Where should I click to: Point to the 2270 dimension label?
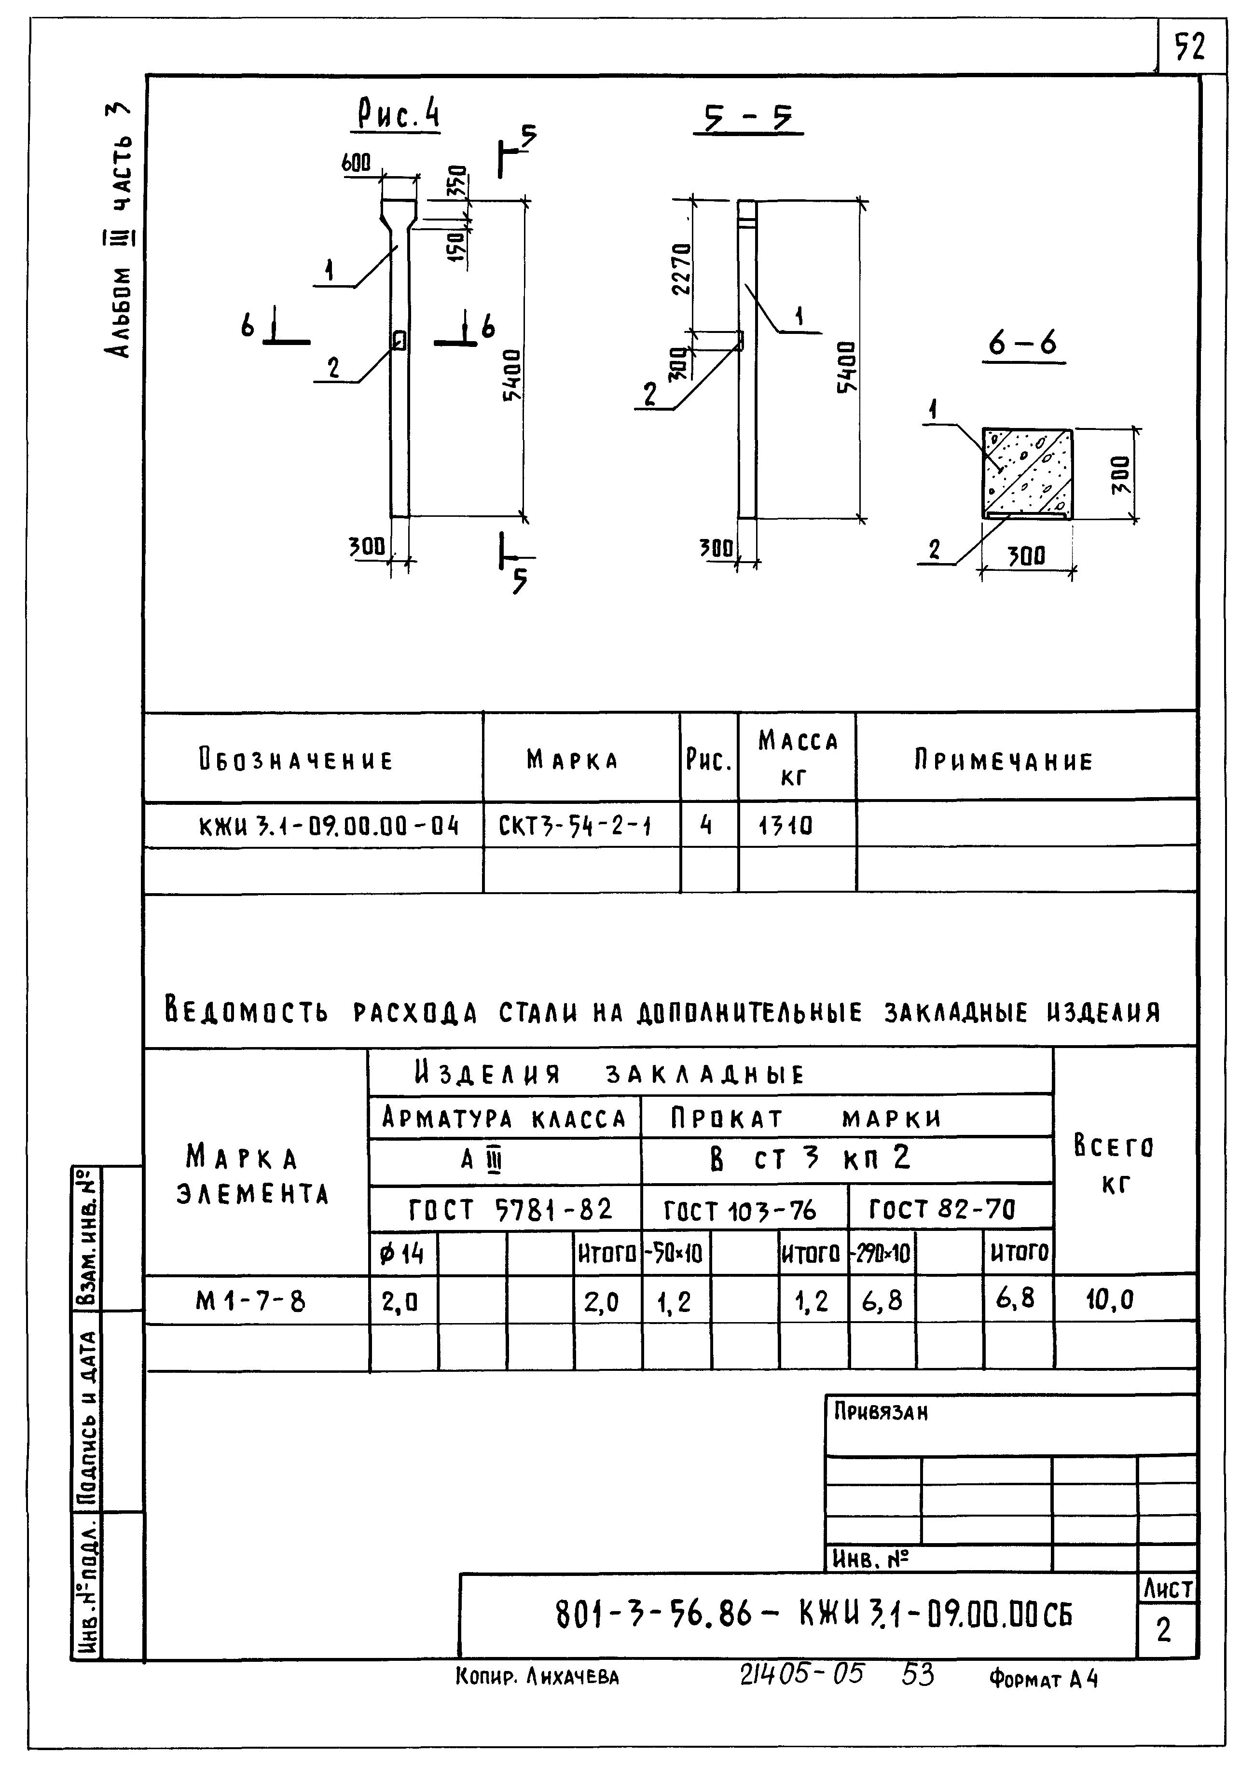pos(682,269)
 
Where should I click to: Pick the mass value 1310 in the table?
pos(785,827)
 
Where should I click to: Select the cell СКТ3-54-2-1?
pos(575,827)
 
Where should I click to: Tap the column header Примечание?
pos(1004,761)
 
